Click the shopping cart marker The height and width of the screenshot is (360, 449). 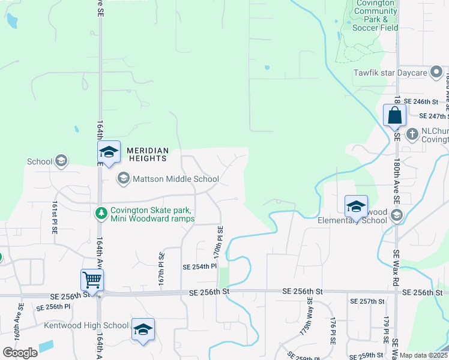click(x=92, y=280)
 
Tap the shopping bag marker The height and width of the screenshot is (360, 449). click(x=395, y=115)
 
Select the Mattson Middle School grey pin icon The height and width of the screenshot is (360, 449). click(x=123, y=178)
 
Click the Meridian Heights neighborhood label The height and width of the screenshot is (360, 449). click(x=146, y=154)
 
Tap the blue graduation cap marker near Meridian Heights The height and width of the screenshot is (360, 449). click(x=109, y=152)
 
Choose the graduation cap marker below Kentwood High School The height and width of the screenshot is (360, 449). click(x=143, y=329)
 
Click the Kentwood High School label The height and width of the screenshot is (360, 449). click(x=86, y=326)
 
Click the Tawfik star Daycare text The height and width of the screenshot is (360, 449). click(x=391, y=73)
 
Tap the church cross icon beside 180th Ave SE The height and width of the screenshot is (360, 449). click(x=412, y=133)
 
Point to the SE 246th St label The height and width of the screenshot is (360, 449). click(x=423, y=101)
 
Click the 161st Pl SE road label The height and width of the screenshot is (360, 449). click(x=54, y=217)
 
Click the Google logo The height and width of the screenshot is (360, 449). click(x=20, y=353)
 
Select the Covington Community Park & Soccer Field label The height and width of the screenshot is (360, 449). click(x=376, y=15)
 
